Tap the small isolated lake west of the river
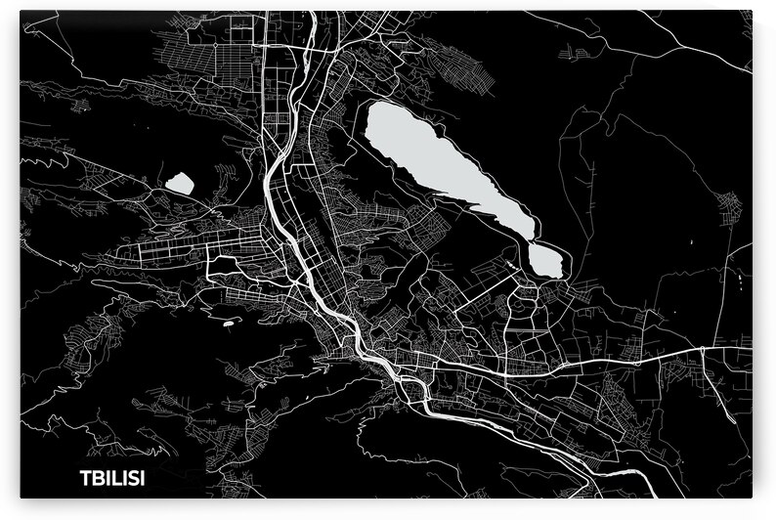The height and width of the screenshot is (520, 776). tap(179, 182)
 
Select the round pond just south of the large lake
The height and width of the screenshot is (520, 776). tap(545, 259)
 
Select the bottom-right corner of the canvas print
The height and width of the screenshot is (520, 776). tap(754, 499)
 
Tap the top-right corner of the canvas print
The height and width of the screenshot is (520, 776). tap(754, 11)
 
